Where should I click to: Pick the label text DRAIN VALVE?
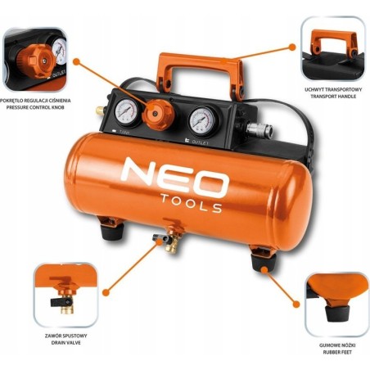tap(68, 345)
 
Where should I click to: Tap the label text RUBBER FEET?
tap(336, 354)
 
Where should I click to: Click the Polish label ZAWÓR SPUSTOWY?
tap(68, 336)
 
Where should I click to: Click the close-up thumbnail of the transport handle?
tap(332, 48)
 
